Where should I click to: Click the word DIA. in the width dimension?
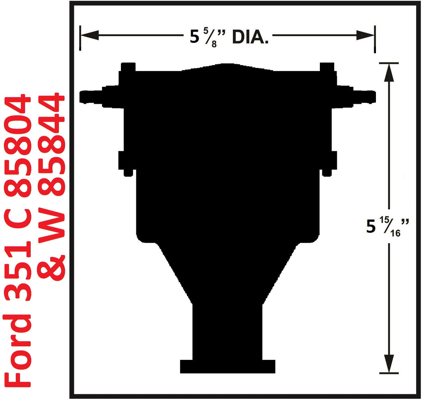coord(250,37)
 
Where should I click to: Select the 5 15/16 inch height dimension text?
coord(387,227)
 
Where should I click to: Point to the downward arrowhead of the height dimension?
coord(389,363)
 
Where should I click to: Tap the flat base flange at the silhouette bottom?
coord(228,366)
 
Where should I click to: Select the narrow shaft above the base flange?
coord(228,331)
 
